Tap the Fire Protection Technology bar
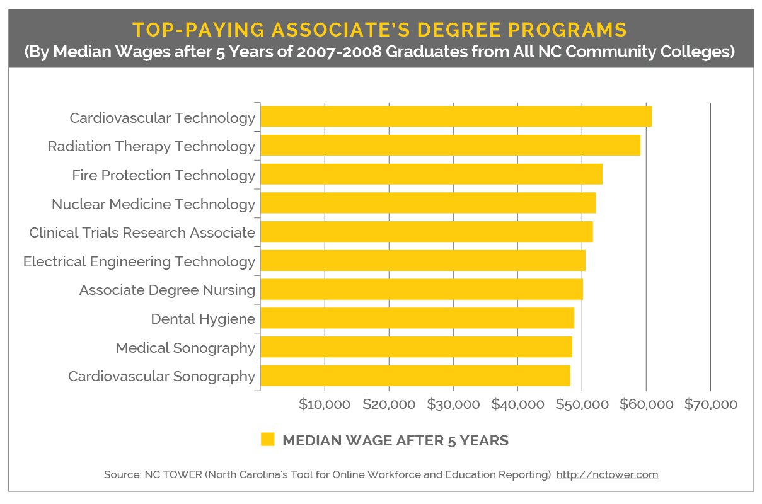click(431, 175)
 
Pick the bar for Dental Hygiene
click(417, 318)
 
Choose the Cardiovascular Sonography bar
click(415, 376)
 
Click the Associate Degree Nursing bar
click(421, 290)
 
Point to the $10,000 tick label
click(325, 404)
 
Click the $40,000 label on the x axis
click(517, 404)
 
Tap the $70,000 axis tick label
click(710, 404)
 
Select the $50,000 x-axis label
click(582, 404)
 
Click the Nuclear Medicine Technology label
click(153, 204)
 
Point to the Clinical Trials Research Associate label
click(142, 232)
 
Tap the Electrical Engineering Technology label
click(139, 261)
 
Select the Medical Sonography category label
click(185, 348)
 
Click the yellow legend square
click(268, 440)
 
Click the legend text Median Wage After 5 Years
click(395, 440)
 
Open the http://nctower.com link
click(607, 474)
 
